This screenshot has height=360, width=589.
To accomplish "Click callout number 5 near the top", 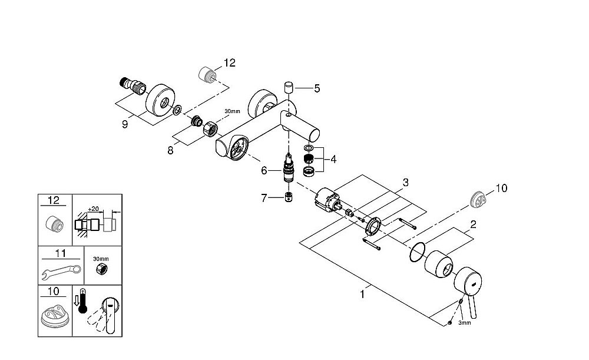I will (x=317, y=89).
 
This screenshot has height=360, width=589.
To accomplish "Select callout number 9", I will (x=124, y=124).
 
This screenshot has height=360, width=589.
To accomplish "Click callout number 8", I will (x=170, y=150).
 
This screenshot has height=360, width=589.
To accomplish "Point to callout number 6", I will (x=264, y=170).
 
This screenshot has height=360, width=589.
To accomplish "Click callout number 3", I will (x=405, y=183).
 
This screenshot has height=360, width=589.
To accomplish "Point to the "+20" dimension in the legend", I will (x=92, y=209).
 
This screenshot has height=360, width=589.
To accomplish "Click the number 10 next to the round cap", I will (x=501, y=189).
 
